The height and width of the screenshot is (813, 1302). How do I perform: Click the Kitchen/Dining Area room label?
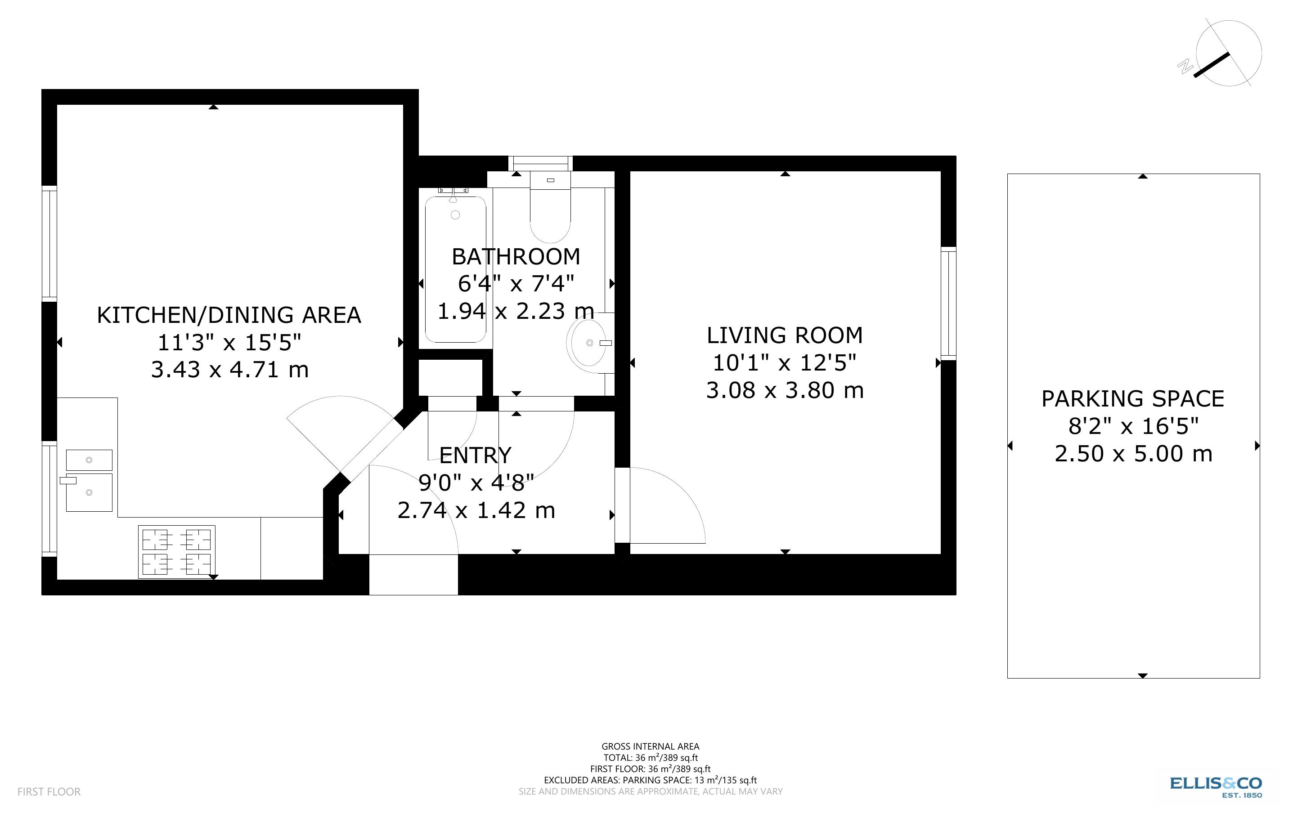(229, 315)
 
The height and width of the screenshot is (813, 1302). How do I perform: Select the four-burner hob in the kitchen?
(176, 552)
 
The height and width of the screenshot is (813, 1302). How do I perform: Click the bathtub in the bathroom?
(455, 269)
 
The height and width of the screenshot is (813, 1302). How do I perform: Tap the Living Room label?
(784, 335)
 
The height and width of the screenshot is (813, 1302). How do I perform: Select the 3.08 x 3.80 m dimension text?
(784, 390)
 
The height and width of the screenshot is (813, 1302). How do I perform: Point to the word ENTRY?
(475, 456)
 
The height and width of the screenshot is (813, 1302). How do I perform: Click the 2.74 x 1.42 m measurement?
(476, 510)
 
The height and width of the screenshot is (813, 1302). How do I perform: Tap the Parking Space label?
(1132, 399)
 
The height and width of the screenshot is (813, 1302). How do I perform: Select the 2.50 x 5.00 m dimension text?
(1132, 454)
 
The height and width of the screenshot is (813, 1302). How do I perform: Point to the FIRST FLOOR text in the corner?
(49, 791)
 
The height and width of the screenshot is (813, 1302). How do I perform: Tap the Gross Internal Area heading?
(650, 746)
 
